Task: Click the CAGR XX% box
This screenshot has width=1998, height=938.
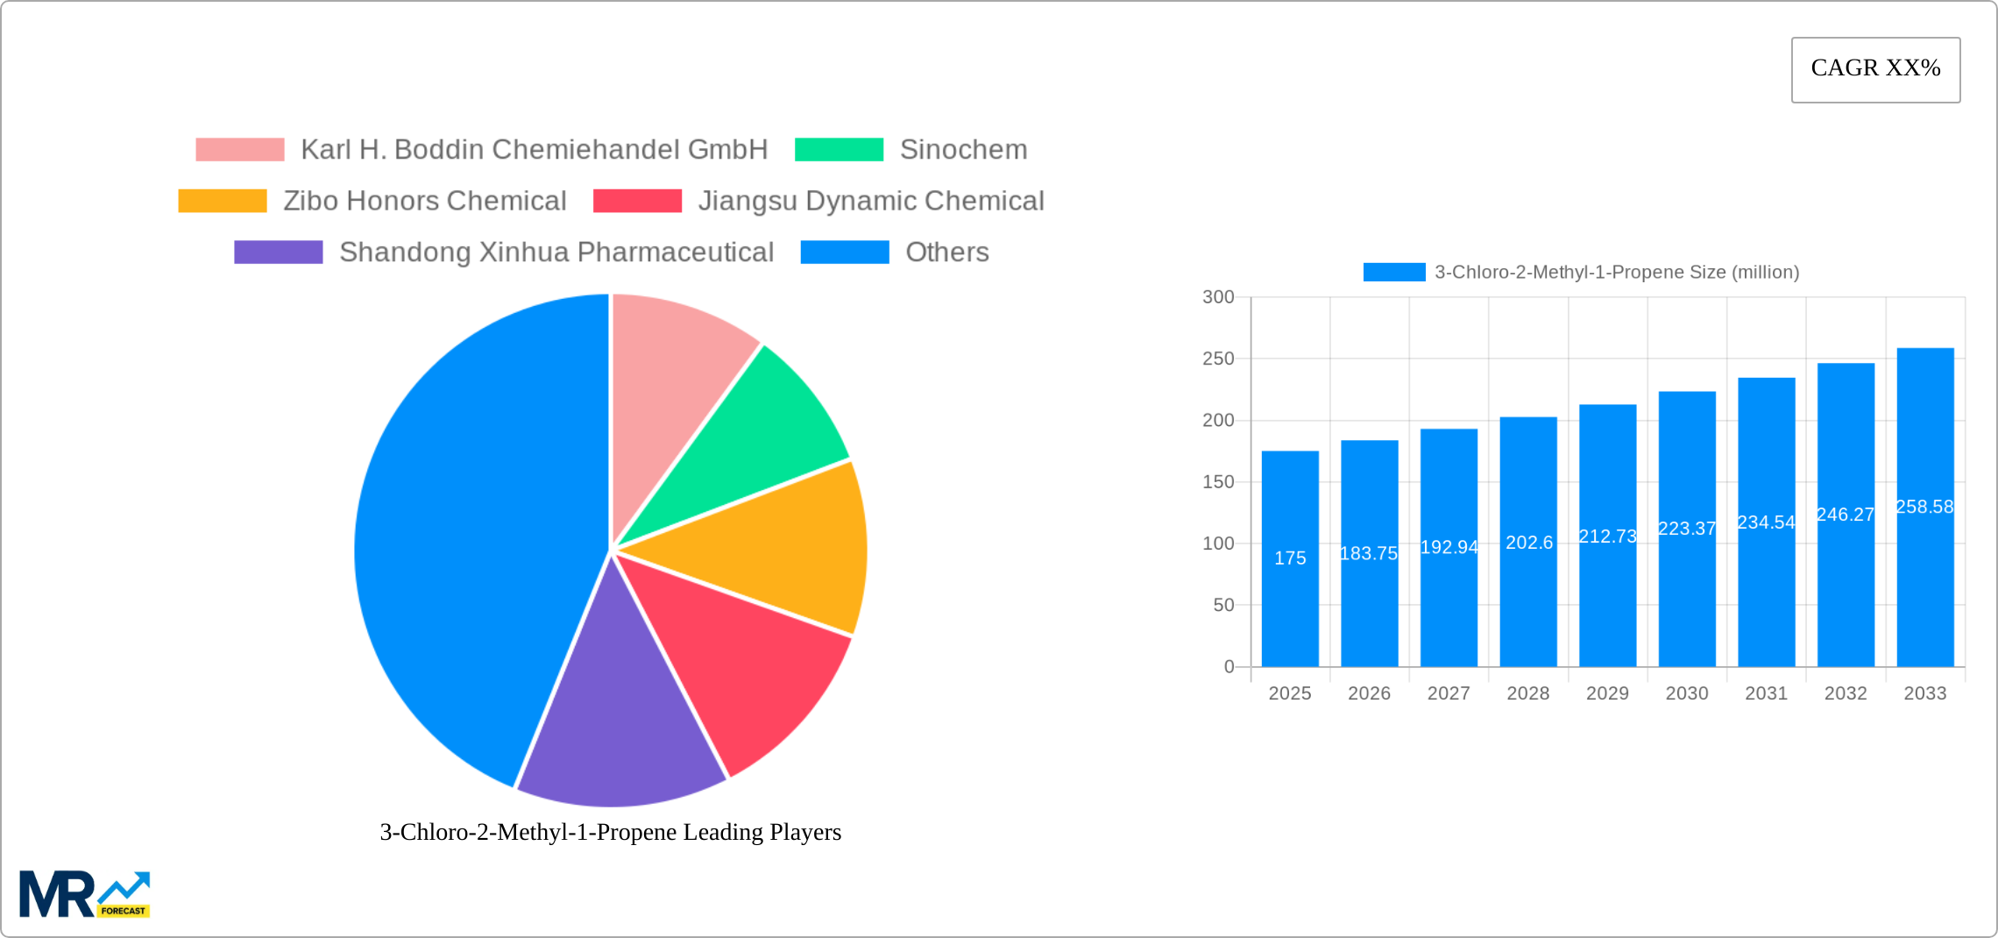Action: click(x=1875, y=69)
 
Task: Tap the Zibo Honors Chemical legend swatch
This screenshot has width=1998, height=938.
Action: click(x=223, y=201)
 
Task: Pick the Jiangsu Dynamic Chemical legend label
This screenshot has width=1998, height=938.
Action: click(x=870, y=201)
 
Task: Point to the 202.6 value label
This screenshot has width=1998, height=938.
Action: click(x=1529, y=543)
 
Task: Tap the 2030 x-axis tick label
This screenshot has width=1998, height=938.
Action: click(x=1687, y=693)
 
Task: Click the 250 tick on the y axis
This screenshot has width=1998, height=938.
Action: click(x=1218, y=359)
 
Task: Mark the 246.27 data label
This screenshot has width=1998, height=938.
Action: click(x=1846, y=515)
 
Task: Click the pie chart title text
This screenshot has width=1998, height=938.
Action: click(x=610, y=832)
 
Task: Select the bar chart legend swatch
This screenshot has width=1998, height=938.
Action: click(x=1394, y=273)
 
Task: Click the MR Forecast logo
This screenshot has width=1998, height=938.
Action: click(x=85, y=894)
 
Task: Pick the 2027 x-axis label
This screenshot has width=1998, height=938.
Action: click(x=1449, y=693)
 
